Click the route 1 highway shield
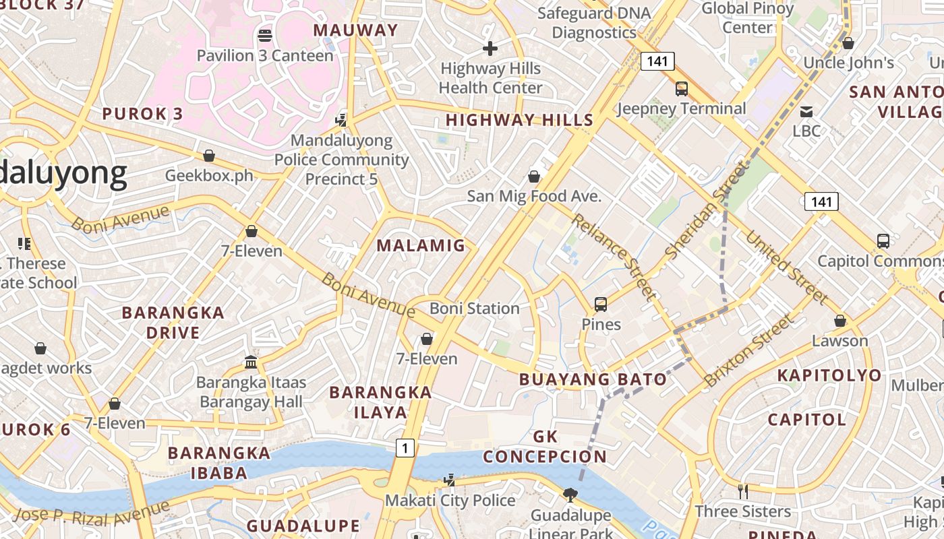(x=405, y=447)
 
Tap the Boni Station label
(x=475, y=309)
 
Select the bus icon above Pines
(x=601, y=304)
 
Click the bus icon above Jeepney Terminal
(x=682, y=88)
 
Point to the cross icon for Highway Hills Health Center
(x=490, y=49)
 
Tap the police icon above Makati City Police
(x=449, y=480)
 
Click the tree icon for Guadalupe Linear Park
(x=570, y=495)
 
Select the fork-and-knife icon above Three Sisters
(x=742, y=491)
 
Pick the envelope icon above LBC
(x=806, y=111)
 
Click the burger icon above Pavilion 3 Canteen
(x=265, y=35)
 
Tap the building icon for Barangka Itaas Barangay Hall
(x=252, y=362)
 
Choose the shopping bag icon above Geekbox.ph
(x=209, y=156)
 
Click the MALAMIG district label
(x=421, y=245)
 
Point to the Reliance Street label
(x=613, y=256)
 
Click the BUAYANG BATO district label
(x=593, y=379)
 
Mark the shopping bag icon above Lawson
(x=840, y=321)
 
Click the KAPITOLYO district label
(x=829, y=375)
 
